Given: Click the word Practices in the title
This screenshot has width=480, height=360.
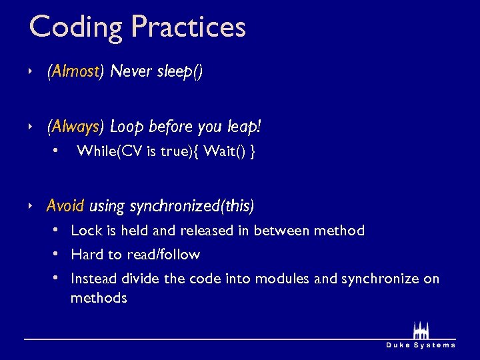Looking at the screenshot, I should (188, 27).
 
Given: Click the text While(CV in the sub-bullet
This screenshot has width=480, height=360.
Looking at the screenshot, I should (109, 152).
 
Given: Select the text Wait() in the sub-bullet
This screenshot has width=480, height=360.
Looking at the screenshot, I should (225, 152).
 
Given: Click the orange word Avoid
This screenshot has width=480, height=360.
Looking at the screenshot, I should (65, 206).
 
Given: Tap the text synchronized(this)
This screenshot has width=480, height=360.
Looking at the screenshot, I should (192, 206).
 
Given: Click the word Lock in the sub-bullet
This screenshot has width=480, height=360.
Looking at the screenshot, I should (85, 231).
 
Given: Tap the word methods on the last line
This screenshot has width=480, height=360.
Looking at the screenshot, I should (99, 297).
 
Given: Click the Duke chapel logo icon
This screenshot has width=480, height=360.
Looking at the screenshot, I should (421, 331).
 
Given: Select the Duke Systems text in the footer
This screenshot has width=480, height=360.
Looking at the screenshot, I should (421, 345).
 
